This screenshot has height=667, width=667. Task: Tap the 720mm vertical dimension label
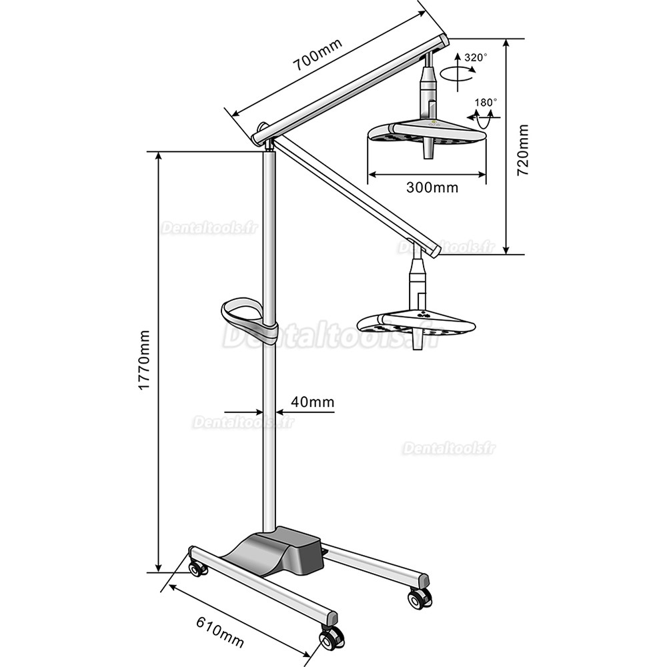click(x=524, y=149)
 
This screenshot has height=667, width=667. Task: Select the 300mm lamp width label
click(x=432, y=187)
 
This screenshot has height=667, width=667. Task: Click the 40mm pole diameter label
click(x=312, y=402)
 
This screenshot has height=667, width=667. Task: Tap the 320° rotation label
click(x=476, y=58)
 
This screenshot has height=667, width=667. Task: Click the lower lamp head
click(x=417, y=323)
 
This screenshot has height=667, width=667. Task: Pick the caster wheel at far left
click(x=197, y=569)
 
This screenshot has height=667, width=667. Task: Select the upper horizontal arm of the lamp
click(x=350, y=88)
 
